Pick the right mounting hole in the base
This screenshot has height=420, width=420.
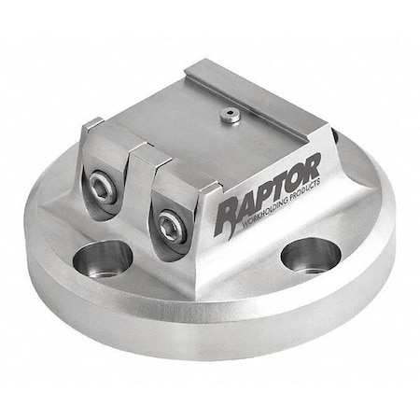click(311, 254)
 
